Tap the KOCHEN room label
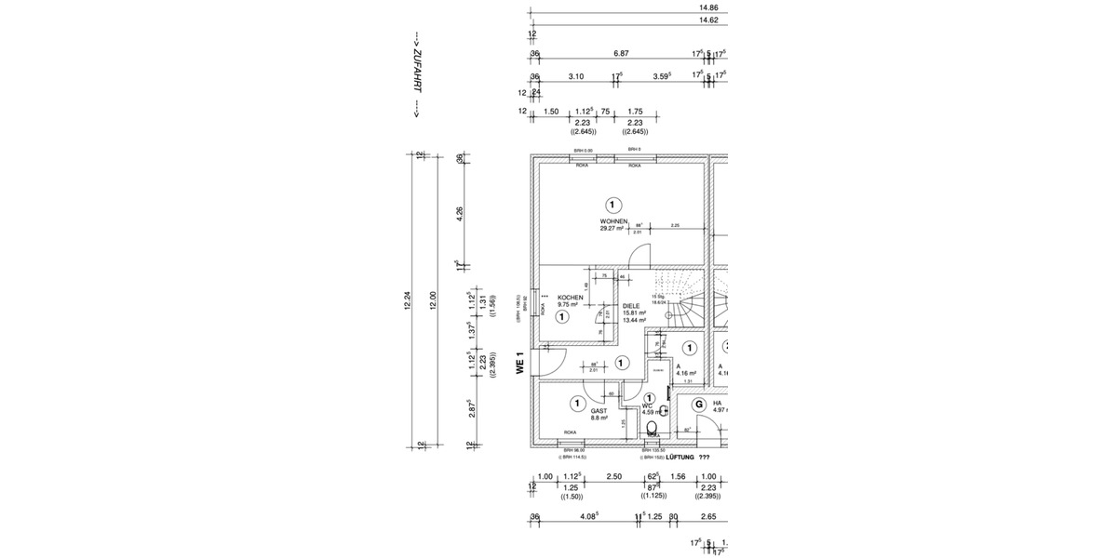[x=570, y=298]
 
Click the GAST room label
[x=599, y=411]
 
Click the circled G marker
[x=699, y=405]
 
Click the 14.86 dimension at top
[x=708, y=7]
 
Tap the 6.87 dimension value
[x=621, y=54]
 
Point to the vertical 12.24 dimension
[x=408, y=301]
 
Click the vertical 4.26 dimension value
[x=459, y=214]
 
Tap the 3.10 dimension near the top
[x=575, y=76]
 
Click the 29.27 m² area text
[x=611, y=229]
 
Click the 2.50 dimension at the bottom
[x=614, y=476]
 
